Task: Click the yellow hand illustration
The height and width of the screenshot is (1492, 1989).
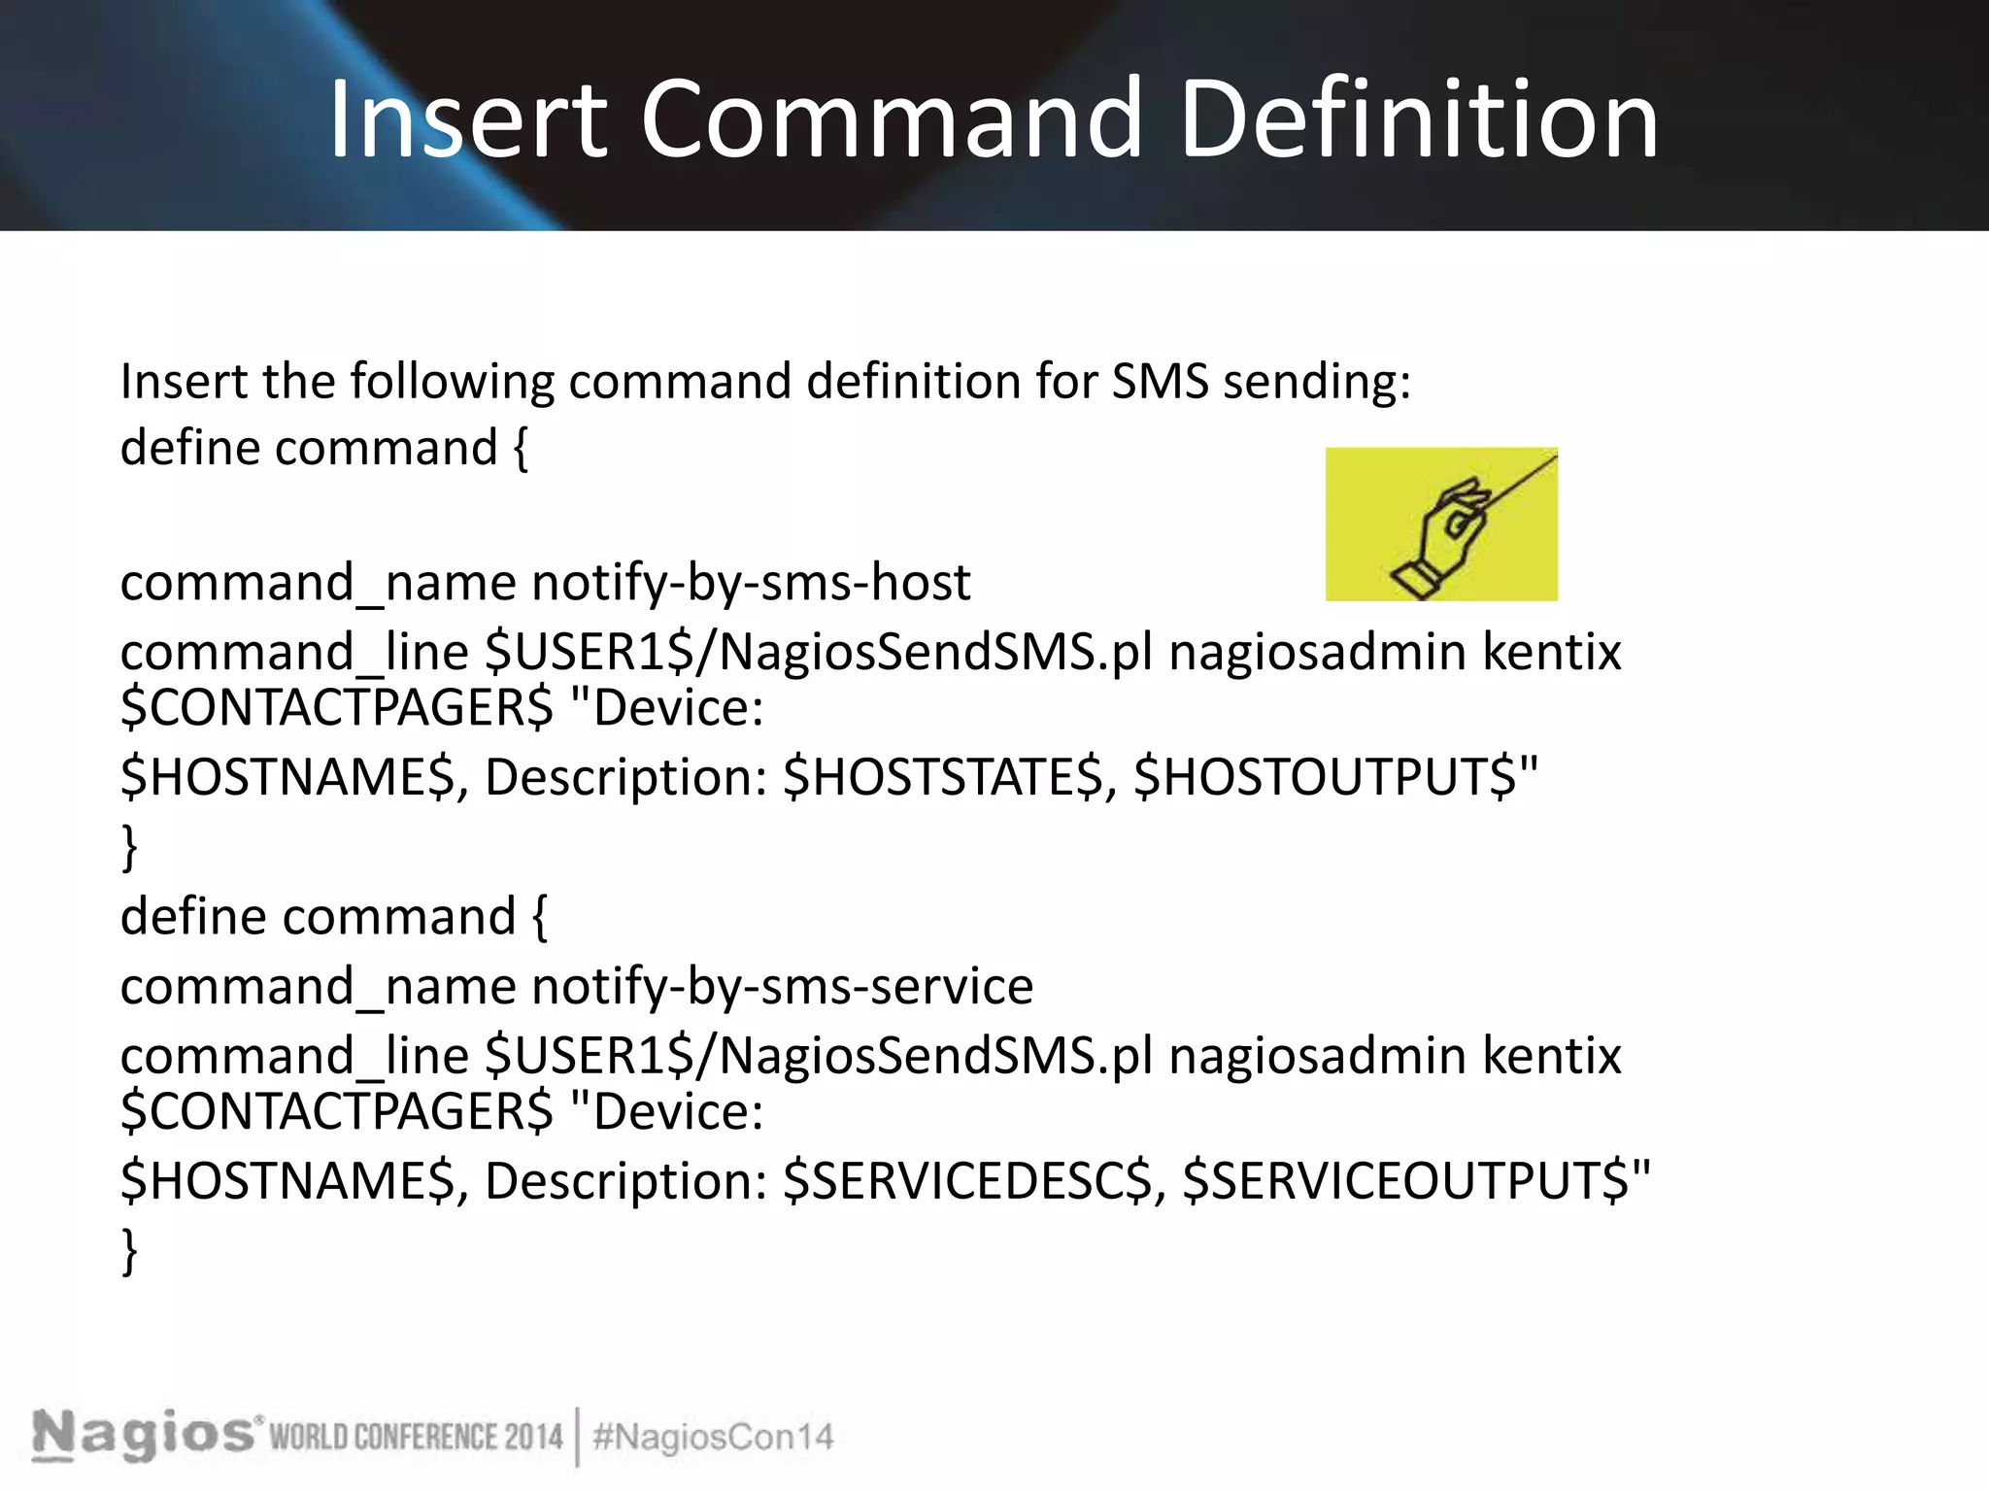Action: click(x=1441, y=525)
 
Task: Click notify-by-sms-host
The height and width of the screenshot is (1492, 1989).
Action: click(x=751, y=583)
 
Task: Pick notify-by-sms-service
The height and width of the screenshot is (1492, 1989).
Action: click(x=782, y=987)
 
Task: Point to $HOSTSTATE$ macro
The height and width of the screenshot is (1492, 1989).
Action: click(x=943, y=777)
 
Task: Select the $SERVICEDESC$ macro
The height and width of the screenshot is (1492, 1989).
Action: click(x=967, y=1181)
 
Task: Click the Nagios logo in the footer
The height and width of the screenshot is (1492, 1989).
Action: click(x=146, y=1436)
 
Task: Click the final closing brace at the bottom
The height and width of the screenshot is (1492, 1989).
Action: click(x=129, y=1251)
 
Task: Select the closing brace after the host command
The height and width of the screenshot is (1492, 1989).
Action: click(x=129, y=847)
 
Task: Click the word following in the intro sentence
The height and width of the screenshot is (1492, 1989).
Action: click(x=453, y=381)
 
